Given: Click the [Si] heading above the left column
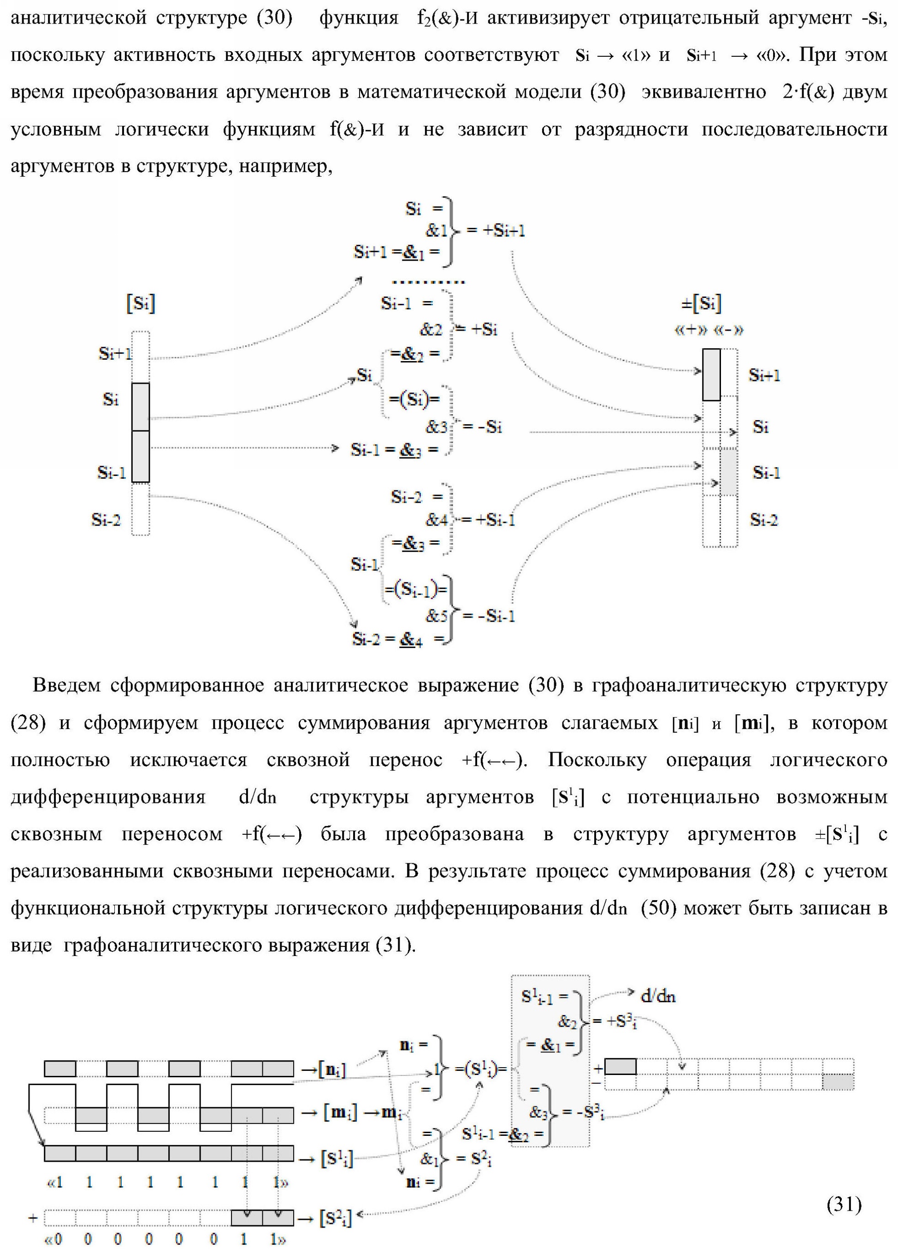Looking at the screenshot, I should click(x=141, y=303).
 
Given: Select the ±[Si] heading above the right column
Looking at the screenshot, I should click(x=702, y=303).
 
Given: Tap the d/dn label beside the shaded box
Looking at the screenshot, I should click(x=657, y=996).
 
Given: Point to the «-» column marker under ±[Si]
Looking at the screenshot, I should click(x=728, y=330).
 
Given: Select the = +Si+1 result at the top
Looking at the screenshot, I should click(x=496, y=231).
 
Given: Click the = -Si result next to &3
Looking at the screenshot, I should click(x=482, y=427).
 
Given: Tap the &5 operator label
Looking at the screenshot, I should click(x=436, y=616).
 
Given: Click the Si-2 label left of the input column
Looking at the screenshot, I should click(x=106, y=520).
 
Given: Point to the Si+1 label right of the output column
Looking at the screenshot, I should click(x=764, y=376).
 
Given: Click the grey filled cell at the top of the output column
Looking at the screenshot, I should click(x=711, y=374).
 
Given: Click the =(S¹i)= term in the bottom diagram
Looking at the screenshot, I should click(x=480, y=1069).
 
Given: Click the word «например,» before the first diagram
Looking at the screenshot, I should click(x=285, y=166).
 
